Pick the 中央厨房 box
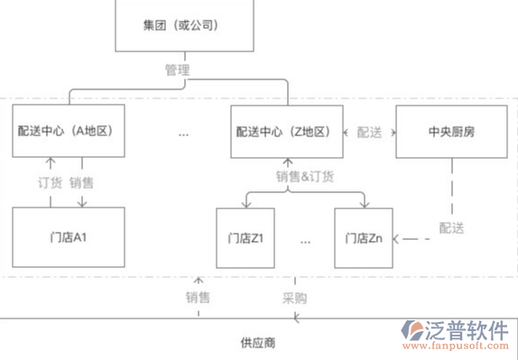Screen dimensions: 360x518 (x=451, y=132)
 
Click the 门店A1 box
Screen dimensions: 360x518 (x=69, y=237)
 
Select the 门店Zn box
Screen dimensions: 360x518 (x=365, y=238)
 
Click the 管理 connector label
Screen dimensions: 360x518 (x=177, y=69)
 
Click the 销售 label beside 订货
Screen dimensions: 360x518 (x=81, y=182)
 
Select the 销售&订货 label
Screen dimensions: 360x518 (x=305, y=176)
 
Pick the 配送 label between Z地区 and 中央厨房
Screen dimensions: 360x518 (x=369, y=133)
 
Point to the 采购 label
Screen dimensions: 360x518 (x=294, y=297)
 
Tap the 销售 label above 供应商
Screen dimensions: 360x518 (x=198, y=297)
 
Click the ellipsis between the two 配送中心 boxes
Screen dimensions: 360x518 (x=183, y=134)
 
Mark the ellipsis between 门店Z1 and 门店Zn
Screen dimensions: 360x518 (x=305, y=241)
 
